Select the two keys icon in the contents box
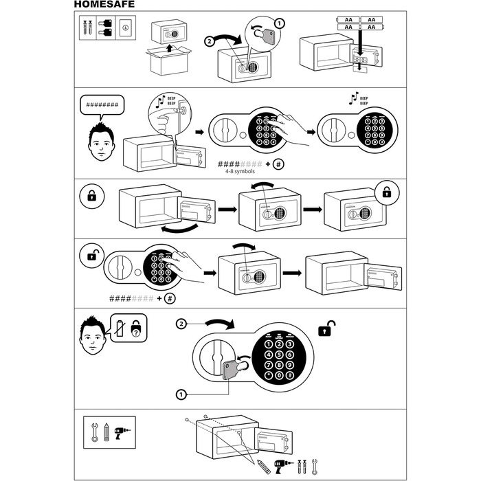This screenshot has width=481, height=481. (x=106, y=28)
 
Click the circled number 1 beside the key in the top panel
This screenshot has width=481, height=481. (x=278, y=24)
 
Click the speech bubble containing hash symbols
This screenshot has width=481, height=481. (x=102, y=107)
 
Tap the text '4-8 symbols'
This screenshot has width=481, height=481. (x=240, y=172)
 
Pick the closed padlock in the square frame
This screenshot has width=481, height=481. (x=92, y=197)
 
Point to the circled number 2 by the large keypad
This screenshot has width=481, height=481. (x=181, y=322)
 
